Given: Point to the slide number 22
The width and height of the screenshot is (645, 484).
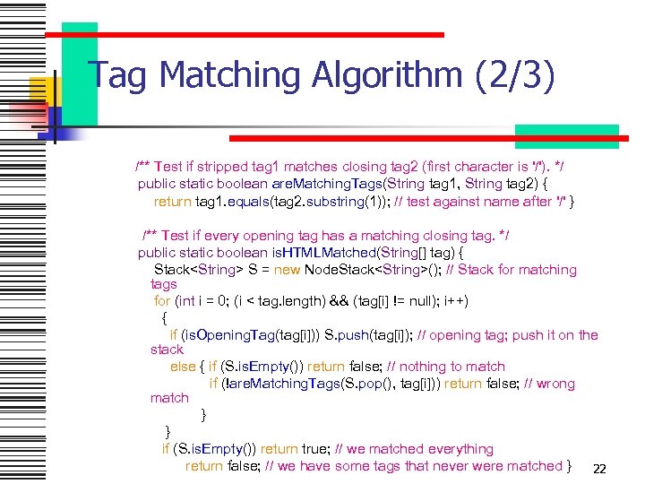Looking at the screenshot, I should click(x=600, y=469).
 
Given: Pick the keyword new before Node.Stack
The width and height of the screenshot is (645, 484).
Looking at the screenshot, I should click(x=288, y=269).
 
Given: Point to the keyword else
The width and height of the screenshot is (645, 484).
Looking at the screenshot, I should click(x=183, y=367).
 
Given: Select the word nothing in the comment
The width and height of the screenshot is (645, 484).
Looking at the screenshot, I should click(x=425, y=367).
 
